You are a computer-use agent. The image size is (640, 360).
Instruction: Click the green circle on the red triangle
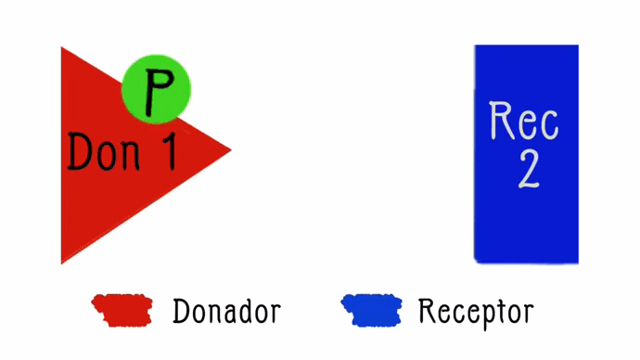click(x=156, y=89)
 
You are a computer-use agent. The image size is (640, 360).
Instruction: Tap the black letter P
click(x=159, y=89)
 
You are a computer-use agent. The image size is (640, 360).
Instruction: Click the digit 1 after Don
click(x=164, y=150)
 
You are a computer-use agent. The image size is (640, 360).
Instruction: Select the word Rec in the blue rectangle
click(x=524, y=121)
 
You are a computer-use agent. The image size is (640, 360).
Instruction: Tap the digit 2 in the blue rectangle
click(x=528, y=169)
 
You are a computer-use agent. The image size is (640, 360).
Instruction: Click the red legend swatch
click(x=121, y=310)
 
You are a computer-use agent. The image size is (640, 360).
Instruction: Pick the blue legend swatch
click(x=371, y=310)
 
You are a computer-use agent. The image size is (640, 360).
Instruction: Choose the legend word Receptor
click(x=475, y=312)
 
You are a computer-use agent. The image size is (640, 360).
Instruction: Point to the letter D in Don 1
click(x=80, y=150)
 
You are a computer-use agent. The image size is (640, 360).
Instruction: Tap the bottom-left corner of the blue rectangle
click(x=477, y=260)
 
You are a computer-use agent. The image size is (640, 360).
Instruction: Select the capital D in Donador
click(x=181, y=311)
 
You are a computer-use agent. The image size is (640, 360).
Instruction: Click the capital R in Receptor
click(x=427, y=311)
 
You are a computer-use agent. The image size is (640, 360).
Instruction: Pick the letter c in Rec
click(x=549, y=123)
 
